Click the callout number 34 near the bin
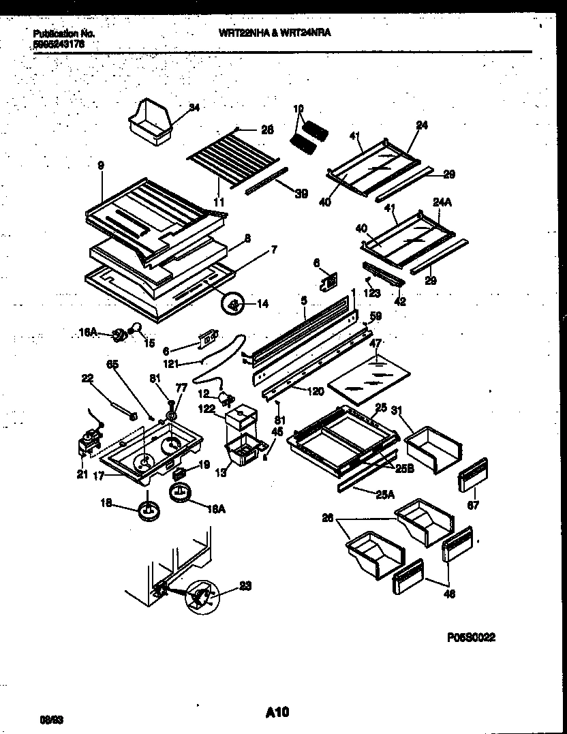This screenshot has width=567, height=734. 194,107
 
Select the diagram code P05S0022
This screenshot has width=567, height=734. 471,638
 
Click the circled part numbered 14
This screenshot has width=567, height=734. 234,304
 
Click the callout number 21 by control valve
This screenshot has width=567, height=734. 82,475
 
